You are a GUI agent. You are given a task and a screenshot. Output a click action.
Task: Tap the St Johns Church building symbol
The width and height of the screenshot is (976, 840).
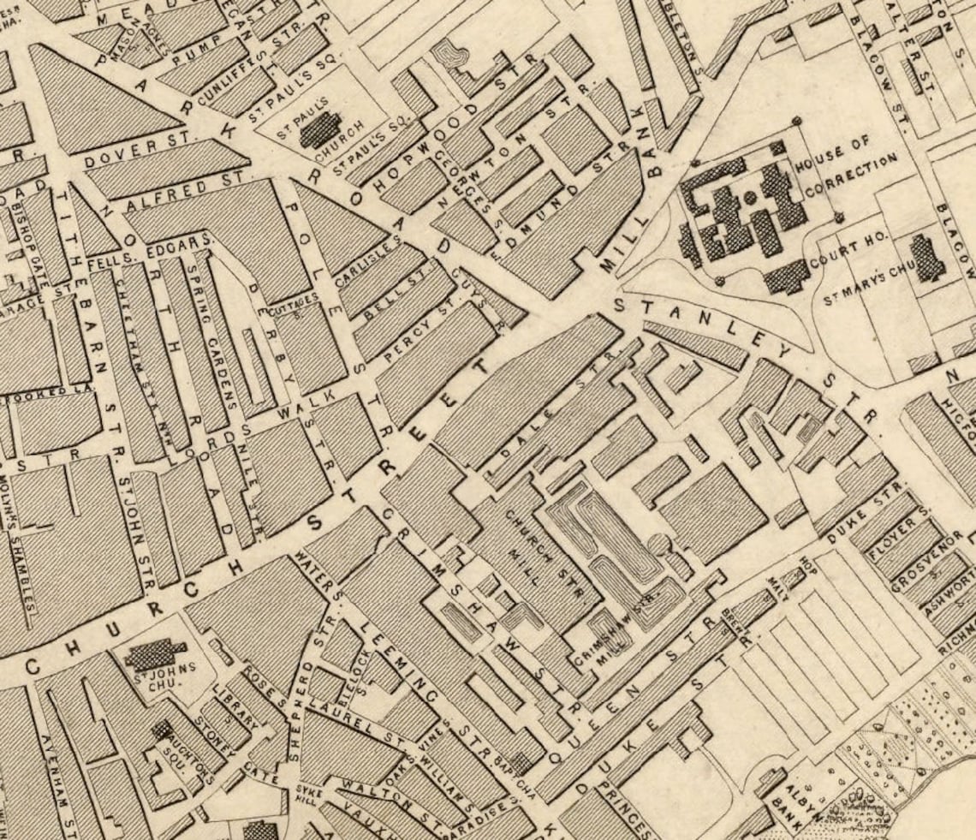coord(154,655)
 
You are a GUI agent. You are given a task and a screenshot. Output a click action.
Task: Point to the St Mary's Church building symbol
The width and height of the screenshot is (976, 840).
coord(926,258)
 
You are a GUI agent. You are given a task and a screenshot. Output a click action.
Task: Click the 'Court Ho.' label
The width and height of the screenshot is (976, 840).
coord(851,254)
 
